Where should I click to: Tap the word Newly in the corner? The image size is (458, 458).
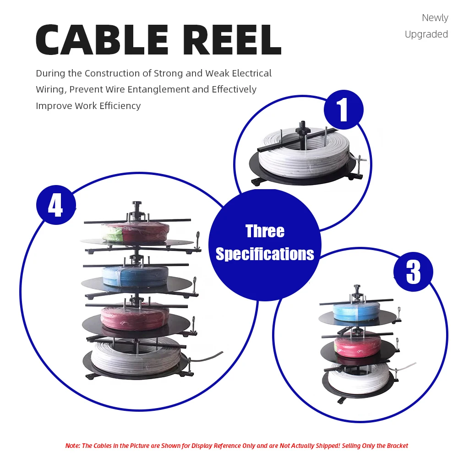(435, 18)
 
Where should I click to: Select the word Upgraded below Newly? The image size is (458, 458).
(426, 34)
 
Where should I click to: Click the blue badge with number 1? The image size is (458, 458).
(343, 110)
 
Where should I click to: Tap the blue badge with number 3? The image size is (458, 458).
(413, 272)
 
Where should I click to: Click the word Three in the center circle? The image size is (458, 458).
(265, 231)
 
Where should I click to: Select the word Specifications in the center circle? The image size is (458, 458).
(265, 254)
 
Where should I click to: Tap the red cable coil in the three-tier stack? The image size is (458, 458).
(357, 344)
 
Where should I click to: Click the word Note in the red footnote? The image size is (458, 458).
(72, 446)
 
